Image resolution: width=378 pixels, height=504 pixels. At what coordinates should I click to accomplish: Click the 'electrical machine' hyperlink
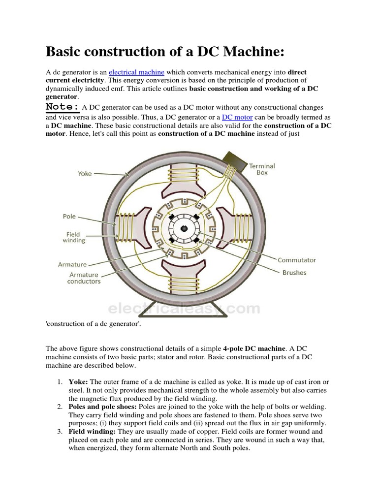[x=136, y=72]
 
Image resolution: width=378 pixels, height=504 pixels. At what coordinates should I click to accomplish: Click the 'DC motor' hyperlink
[x=237, y=117]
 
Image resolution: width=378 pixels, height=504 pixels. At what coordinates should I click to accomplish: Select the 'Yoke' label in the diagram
[x=85, y=173]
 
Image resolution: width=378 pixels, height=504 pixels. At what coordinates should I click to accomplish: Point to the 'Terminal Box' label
[x=262, y=169]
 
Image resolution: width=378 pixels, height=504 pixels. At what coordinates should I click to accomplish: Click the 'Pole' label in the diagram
[x=69, y=216]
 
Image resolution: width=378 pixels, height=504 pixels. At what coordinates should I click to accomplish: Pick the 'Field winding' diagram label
[x=73, y=238]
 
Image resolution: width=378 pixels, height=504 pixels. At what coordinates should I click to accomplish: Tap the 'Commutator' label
[x=296, y=260]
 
